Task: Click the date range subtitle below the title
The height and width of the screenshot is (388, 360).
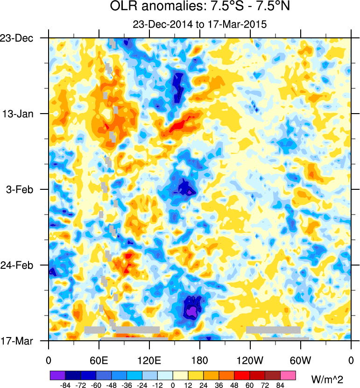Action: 199,25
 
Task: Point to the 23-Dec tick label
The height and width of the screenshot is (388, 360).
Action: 17,38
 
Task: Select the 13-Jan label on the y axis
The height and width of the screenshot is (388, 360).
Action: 17,114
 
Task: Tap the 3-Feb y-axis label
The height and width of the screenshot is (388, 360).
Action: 19,189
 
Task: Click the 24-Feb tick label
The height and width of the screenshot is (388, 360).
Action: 17,265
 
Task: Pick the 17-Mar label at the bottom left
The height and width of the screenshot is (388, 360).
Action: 17,341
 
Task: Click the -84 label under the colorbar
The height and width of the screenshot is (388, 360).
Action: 65,385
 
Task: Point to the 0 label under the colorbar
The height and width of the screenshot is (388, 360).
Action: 173,385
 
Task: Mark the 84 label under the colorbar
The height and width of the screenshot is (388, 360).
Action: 281,385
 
